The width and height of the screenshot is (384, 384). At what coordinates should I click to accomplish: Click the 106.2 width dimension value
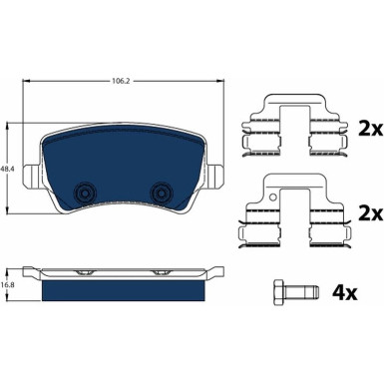122,81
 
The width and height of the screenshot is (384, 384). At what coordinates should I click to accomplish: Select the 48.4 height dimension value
7,169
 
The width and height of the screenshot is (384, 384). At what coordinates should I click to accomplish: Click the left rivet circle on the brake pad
85,192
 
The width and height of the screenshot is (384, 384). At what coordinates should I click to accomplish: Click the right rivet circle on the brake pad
162,192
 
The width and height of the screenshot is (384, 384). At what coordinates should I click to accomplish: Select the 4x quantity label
345,293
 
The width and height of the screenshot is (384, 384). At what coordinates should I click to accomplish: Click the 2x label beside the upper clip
371,128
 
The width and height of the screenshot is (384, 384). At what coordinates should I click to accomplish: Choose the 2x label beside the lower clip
371,213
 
